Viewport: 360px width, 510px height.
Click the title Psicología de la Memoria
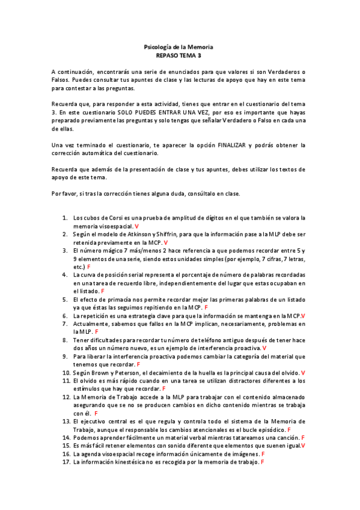[179, 46]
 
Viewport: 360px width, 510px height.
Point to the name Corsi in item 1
[115, 218]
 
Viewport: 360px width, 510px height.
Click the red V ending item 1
[136, 226]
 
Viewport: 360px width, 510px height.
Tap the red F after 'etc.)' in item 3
[89, 266]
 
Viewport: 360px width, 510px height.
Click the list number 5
[66, 299]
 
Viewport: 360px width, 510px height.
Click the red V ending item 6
[303, 315]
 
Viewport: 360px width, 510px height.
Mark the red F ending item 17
[263, 462]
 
